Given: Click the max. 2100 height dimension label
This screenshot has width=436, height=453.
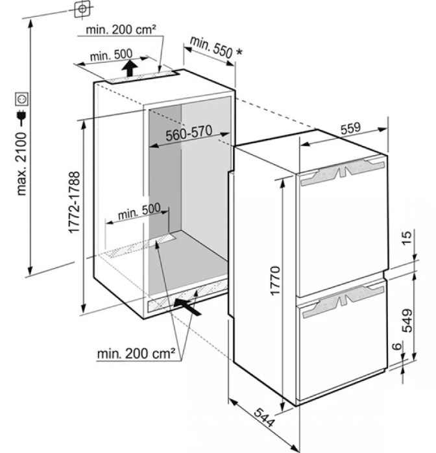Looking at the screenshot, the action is [22, 164].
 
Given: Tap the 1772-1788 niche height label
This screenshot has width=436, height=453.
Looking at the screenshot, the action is [74, 202].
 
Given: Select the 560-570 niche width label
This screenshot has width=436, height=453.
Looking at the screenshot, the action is [189, 133].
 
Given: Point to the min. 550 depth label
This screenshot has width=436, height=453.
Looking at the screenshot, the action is [216, 48].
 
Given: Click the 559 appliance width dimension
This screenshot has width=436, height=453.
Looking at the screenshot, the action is [350, 129].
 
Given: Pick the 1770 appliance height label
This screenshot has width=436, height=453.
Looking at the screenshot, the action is [275, 280].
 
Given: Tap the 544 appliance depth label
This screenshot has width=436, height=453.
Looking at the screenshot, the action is [264, 417].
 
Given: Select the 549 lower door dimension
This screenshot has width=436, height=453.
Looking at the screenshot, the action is [407, 321].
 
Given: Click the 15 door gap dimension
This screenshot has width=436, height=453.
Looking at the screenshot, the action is [407, 238].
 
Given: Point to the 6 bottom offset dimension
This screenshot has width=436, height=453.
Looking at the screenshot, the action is [398, 346].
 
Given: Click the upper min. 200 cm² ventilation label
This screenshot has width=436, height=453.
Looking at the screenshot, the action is [121, 29].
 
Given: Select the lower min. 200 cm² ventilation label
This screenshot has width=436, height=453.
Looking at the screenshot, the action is [136, 354].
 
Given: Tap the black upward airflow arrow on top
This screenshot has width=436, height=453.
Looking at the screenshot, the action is [129, 68].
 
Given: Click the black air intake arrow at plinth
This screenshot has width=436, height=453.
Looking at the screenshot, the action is [187, 306].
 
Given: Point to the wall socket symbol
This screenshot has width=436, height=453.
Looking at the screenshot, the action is [22, 99].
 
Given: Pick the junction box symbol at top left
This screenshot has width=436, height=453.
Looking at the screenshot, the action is [82, 8].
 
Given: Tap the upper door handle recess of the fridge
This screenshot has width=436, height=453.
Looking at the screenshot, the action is [343, 171].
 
